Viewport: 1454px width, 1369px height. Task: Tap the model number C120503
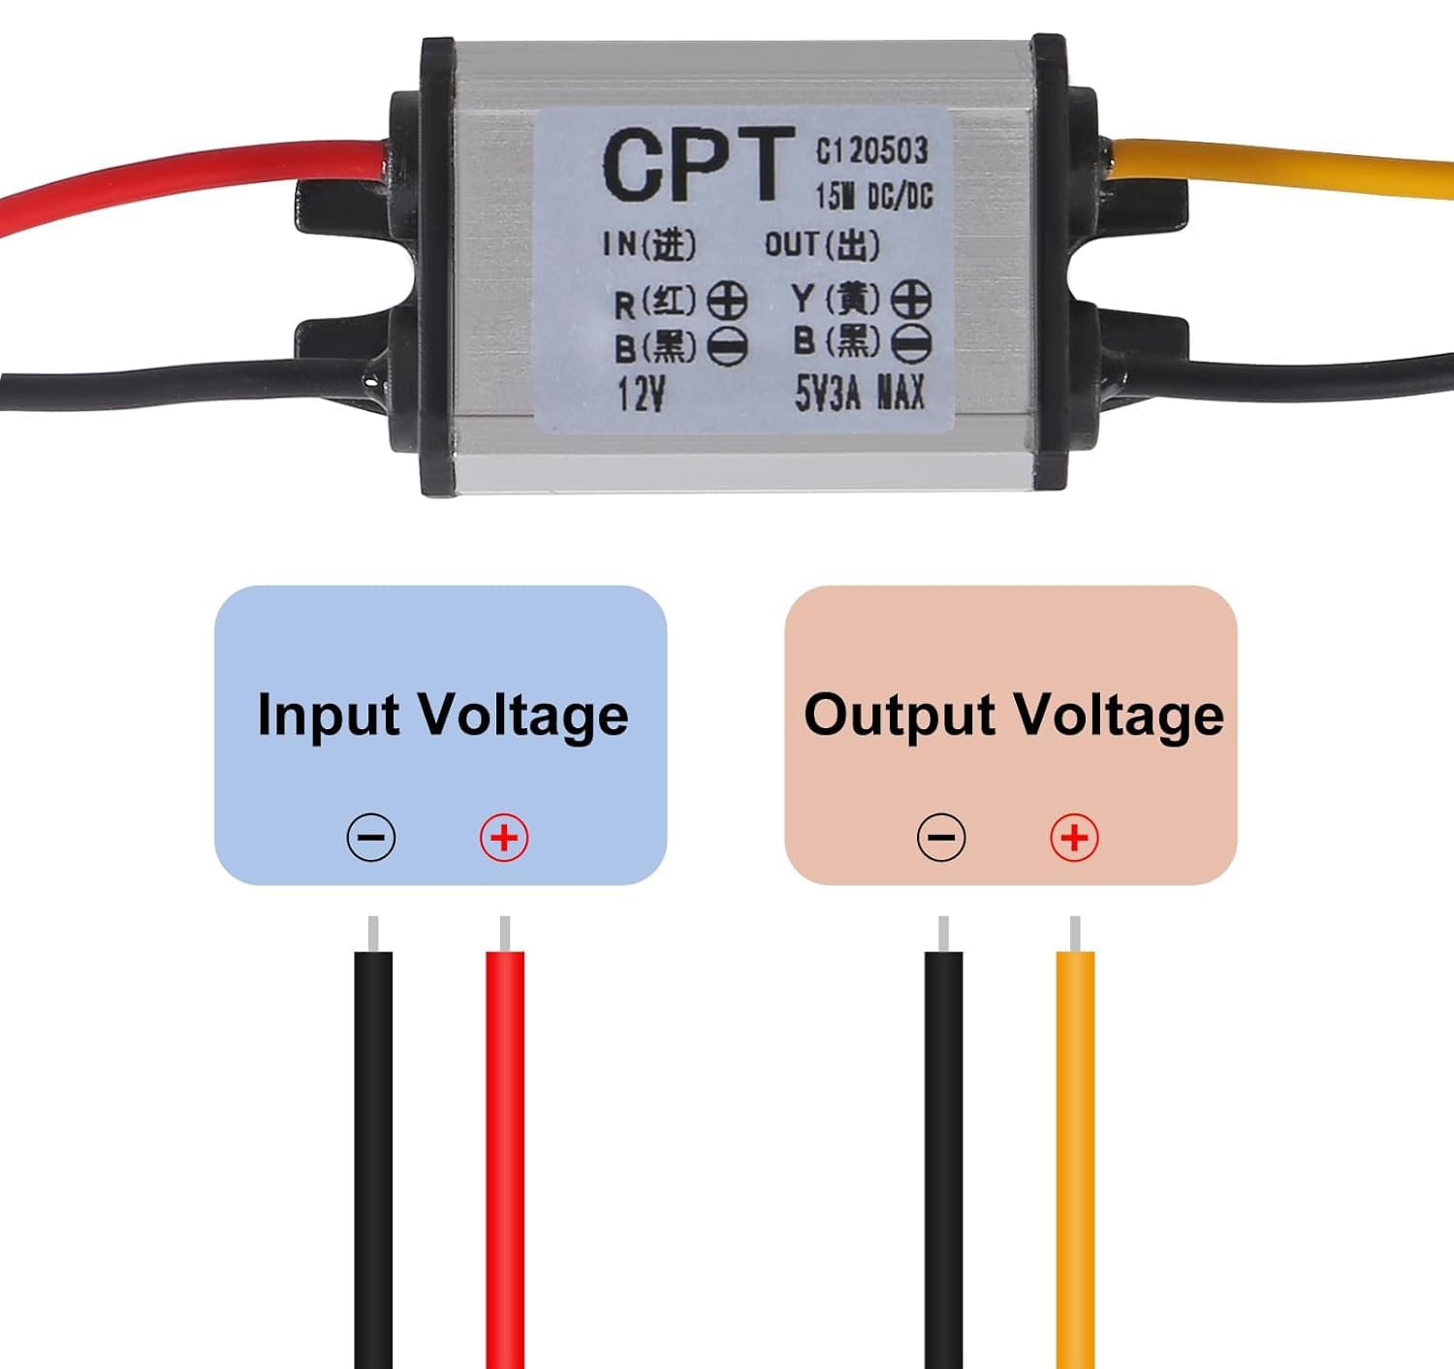(x=871, y=150)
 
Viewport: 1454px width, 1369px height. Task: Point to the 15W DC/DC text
(x=872, y=197)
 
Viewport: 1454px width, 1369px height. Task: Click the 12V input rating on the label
(x=641, y=394)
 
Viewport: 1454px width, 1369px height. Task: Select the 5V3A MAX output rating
(x=859, y=394)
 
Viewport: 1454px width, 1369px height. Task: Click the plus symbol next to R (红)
(x=727, y=302)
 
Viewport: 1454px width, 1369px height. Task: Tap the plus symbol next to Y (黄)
(x=910, y=300)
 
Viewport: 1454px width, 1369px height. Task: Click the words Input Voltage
(x=442, y=716)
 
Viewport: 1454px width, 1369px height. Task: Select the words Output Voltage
(x=1013, y=716)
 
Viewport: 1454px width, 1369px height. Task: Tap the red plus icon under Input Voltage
(x=504, y=837)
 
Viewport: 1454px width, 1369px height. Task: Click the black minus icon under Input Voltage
(x=371, y=837)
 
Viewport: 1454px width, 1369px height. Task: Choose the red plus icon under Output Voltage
(x=1074, y=837)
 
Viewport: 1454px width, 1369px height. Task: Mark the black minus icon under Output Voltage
(x=941, y=837)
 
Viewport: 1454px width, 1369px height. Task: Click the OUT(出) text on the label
(x=822, y=245)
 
